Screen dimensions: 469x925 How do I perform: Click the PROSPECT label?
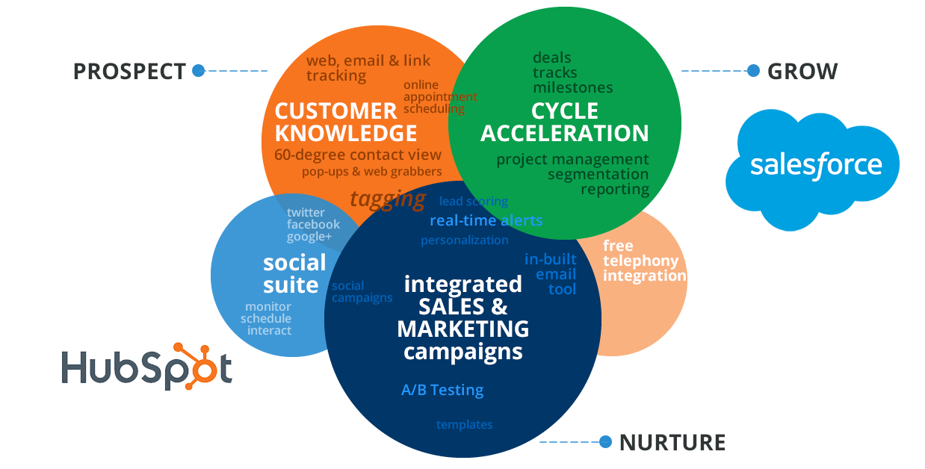129,72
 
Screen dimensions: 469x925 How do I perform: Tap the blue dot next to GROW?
753,71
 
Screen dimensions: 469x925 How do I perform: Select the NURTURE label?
672,442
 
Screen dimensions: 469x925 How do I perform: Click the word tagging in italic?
388,199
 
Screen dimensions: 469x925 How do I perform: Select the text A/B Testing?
442,390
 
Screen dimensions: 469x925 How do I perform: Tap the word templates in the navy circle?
464,424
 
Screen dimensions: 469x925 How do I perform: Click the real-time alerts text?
486,220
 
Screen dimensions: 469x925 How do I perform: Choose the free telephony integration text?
643,261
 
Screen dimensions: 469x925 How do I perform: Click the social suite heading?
294,273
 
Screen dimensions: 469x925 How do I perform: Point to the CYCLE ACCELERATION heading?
565,122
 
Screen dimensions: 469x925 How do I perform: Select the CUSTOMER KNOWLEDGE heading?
345,122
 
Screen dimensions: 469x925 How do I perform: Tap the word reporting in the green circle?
615,189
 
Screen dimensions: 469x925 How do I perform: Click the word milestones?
572,87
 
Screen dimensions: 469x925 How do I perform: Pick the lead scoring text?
473,201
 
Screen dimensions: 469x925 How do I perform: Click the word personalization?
464,240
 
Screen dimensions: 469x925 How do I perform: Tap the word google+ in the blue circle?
309,237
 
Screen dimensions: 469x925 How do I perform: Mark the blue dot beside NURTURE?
605,441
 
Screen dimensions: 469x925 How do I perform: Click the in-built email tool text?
551,273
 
